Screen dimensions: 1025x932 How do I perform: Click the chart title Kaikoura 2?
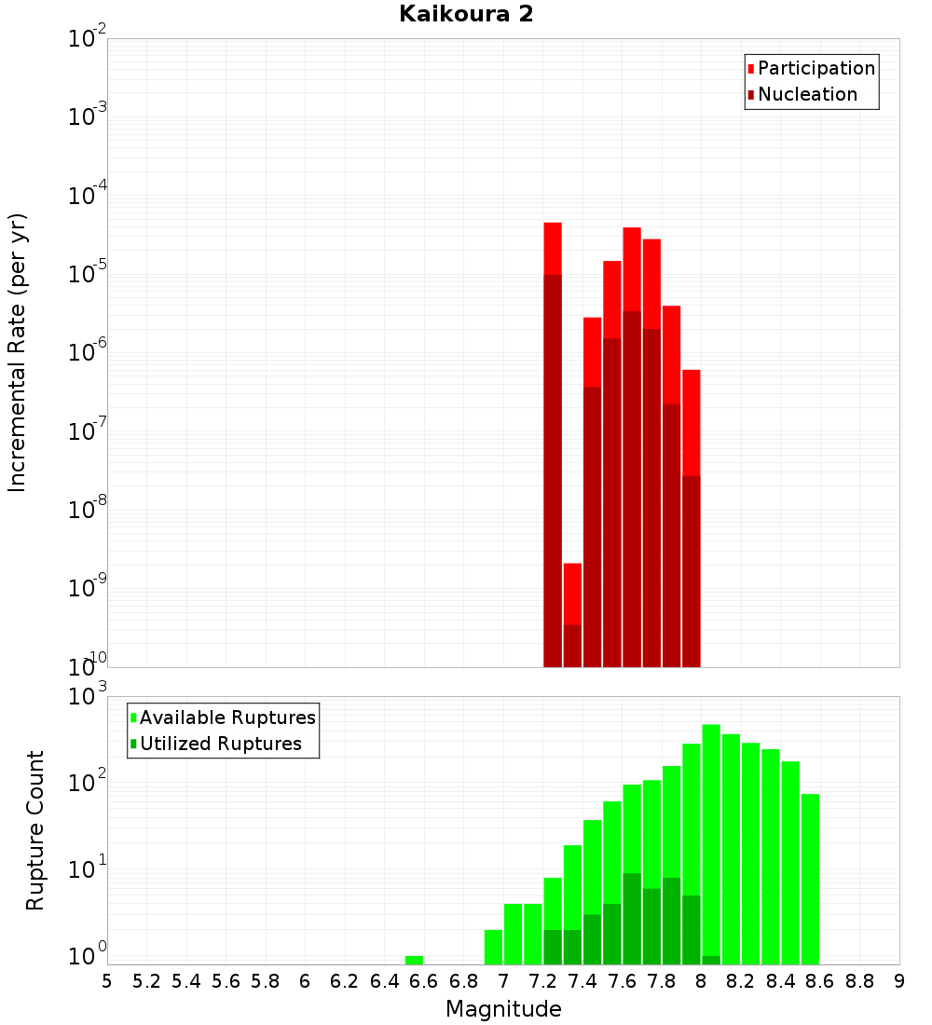[466, 15]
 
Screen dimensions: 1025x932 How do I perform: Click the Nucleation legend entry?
[807, 95]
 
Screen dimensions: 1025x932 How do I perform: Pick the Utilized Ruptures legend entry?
[220, 745]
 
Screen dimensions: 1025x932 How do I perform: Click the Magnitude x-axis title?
[503, 1009]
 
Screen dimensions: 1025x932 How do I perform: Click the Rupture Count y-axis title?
[35, 830]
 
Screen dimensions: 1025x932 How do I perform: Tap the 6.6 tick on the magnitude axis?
[424, 981]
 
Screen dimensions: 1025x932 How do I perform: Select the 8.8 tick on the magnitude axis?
[859, 981]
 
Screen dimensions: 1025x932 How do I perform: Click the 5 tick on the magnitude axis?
[107, 981]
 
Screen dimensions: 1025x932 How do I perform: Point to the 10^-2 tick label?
[88, 39]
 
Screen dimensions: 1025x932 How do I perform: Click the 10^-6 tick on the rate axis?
[88, 353]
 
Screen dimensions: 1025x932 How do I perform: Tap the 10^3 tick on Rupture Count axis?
[88, 697]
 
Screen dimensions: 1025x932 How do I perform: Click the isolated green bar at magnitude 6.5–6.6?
[414, 960]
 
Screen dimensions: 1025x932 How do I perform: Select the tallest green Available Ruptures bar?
[711, 839]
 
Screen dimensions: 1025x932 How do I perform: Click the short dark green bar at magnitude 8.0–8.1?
[711, 960]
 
